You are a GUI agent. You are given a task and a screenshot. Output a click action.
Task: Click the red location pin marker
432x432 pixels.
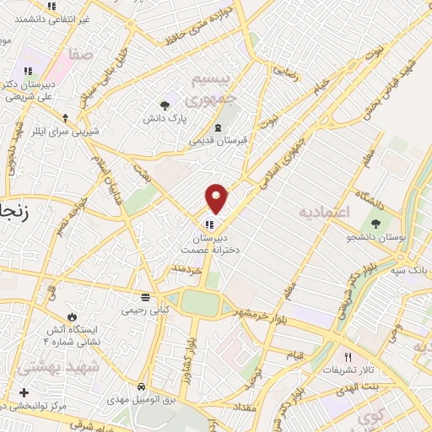[217, 198]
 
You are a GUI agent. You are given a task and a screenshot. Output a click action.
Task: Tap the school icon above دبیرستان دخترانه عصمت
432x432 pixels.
[208, 225]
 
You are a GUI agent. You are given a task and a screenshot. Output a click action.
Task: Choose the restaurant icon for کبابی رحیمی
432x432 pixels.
[146, 297]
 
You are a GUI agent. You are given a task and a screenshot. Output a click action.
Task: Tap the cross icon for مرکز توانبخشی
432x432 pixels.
[24, 392]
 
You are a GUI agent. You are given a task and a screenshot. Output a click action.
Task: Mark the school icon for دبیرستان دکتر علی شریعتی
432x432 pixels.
[28, 72]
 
